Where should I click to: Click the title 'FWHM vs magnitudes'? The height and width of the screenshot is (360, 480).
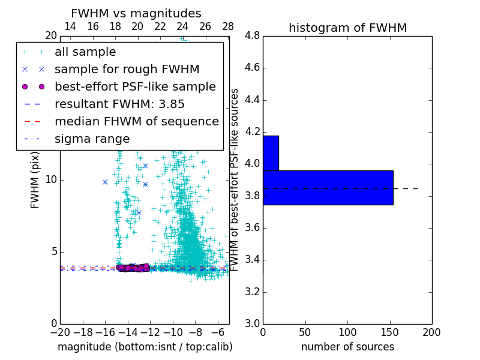[136, 13]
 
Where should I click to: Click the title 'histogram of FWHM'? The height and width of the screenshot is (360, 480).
[347, 28]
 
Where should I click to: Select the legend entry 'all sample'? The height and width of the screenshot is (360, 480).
[85, 52]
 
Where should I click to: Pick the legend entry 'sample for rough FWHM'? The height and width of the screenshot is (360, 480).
[127, 69]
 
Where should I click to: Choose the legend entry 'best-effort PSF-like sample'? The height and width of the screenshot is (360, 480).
[135, 86]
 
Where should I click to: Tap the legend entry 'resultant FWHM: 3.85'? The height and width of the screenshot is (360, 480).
[111, 104]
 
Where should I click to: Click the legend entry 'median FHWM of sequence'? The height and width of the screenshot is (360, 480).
[136, 121]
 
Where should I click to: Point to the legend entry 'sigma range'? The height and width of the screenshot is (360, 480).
[92, 139]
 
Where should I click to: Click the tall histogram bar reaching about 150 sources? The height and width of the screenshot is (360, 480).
[328, 188]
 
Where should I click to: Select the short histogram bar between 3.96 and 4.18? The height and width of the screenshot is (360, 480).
[271, 153]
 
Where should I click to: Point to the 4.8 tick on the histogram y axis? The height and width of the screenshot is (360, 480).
[252, 35]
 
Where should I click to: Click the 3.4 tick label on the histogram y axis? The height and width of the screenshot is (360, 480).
[252, 260]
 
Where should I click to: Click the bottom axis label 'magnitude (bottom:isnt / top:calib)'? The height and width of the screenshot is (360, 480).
[145, 347]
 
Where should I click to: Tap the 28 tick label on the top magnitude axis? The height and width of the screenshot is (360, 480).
[228, 26]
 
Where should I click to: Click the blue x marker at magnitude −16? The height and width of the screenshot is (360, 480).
[105, 182]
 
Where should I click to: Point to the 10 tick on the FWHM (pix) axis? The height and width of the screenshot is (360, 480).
[52, 180]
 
